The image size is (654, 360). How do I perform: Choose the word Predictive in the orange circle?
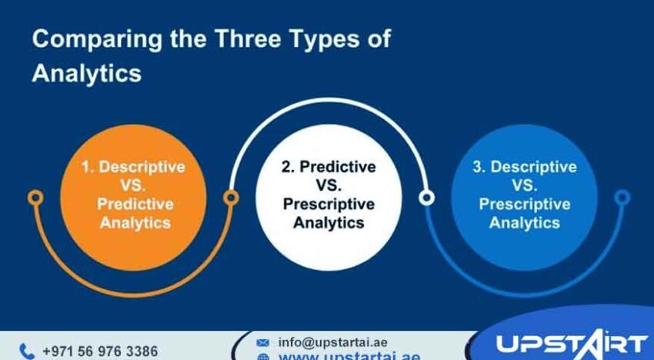135,204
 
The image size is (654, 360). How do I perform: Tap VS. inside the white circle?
328,185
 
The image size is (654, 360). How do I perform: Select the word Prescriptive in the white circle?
329,204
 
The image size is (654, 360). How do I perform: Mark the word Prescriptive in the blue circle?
525,204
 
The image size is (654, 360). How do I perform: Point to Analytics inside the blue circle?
525,222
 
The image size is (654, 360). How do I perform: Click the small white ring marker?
426,198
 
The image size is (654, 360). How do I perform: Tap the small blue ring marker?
622,198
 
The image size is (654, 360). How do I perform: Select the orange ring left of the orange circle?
35,198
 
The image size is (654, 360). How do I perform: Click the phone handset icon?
27,351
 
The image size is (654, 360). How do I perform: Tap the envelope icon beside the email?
262,342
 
